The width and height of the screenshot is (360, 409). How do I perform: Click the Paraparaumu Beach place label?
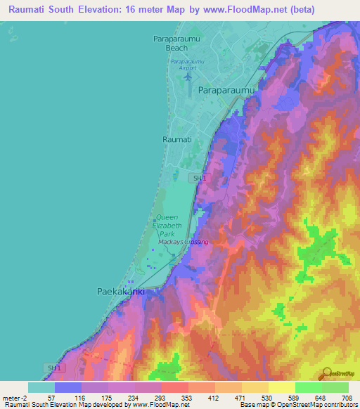click(x=177, y=44)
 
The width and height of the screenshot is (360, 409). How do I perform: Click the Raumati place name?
click(x=177, y=140)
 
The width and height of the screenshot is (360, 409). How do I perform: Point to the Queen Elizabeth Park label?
click(x=167, y=225)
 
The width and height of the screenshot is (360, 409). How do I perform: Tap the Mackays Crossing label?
click(x=184, y=242)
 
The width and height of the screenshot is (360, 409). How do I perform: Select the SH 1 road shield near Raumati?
click(x=200, y=178)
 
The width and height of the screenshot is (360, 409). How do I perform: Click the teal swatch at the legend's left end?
click(x=41, y=387)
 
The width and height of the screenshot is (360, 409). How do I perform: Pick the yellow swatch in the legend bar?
click(x=281, y=387)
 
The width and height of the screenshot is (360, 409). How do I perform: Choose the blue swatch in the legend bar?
click(x=68, y=387)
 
